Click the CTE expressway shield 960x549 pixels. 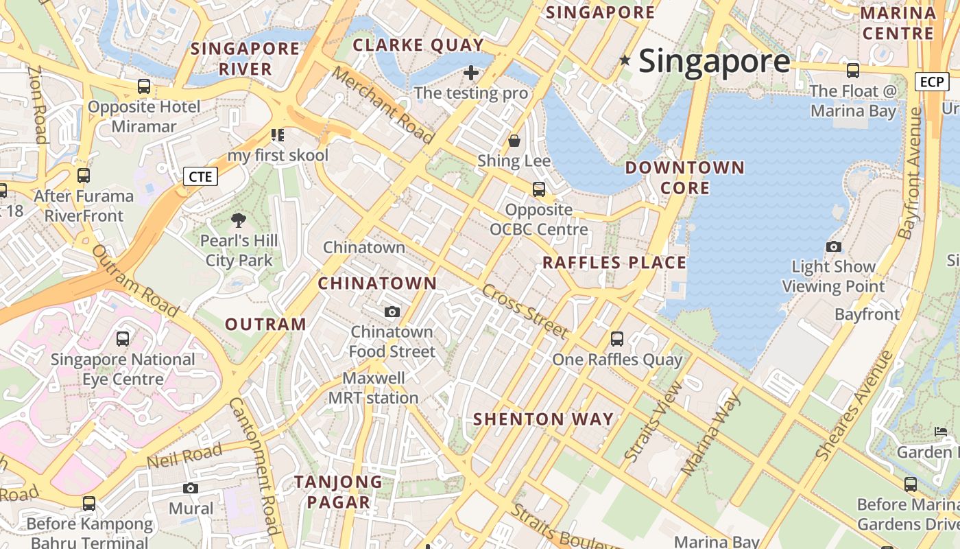coord(200,176)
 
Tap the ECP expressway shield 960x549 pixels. coord(932,82)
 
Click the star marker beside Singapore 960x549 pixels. coord(625,60)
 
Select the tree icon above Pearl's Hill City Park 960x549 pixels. coord(239,220)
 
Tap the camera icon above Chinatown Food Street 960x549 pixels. coord(392,312)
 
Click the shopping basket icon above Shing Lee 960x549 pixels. coord(514,141)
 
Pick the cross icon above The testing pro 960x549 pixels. coord(471,72)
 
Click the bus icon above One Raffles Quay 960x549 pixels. coord(617,338)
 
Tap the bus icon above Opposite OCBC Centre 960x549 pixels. coord(539,189)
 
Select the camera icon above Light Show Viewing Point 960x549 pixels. coord(834,246)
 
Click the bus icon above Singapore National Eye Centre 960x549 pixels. coord(123,338)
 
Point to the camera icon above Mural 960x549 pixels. coord(191,488)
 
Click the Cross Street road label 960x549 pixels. coord(525,311)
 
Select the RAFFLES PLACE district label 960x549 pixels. coord(614,263)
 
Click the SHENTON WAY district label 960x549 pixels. coord(543,419)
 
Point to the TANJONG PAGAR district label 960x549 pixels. coord(338,491)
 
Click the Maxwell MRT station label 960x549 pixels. coord(373,388)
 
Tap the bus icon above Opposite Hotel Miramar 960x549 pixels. coord(144,86)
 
